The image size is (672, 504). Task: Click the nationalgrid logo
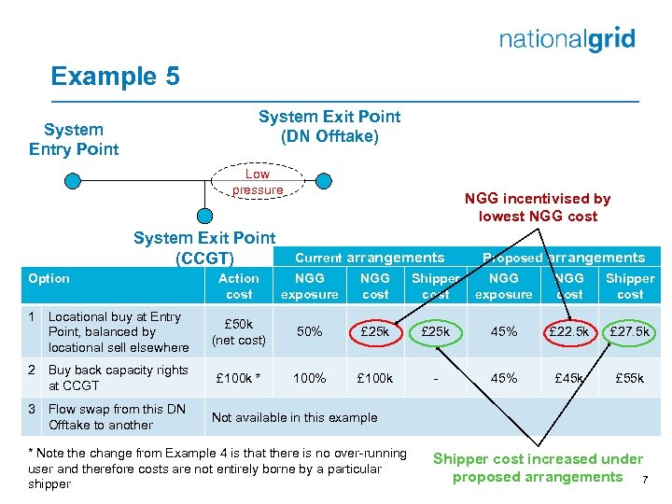click(x=567, y=39)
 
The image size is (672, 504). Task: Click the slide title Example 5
click(x=115, y=76)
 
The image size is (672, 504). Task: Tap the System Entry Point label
click(x=74, y=139)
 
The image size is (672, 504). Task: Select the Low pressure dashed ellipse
click(x=258, y=182)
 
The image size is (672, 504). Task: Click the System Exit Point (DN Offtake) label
click(x=329, y=126)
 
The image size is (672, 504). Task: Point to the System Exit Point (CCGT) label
click(x=204, y=247)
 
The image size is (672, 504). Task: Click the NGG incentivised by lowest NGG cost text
click(x=537, y=207)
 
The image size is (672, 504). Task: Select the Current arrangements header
click(x=370, y=258)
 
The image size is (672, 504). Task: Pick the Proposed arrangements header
click(x=563, y=258)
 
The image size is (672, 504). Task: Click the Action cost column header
click(x=239, y=286)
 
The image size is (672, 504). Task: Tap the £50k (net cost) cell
click(x=239, y=331)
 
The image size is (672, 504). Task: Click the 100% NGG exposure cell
click(x=309, y=378)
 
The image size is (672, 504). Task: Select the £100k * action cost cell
click(x=239, y=378)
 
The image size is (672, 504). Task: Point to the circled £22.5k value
click(x=569, y=331)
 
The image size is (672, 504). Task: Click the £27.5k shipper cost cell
click(x=630, y=331)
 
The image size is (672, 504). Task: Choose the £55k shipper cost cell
click(x=630, y=378)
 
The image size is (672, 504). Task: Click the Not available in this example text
click(x=294, y=417)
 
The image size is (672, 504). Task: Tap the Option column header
click(x=49, y=278)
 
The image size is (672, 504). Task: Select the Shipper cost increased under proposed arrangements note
click(x=537, y=468)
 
